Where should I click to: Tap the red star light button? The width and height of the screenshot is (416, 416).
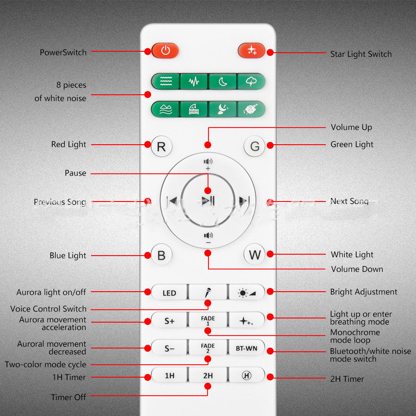[x=251, y=50]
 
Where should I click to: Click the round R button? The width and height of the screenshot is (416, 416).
[x=161, y=146]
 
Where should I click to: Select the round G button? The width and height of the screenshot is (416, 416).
[x=254, y=146]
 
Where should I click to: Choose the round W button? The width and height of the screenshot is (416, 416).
[x=254, y=254]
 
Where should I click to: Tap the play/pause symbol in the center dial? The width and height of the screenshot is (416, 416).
[x=208, y=201]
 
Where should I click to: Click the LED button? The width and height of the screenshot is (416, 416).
[x=169, y=293]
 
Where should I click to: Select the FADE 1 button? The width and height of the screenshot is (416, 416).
[x=208, y=320]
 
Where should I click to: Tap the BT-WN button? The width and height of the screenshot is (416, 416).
[x=246, y=348]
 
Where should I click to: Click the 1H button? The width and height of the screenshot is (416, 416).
[x=169, y=375]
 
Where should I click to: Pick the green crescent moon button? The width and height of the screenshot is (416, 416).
[x=223, y=81]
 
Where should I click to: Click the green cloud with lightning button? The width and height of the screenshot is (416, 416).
[x=251, y=81]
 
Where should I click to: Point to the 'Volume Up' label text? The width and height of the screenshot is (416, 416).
[x=351, y=128]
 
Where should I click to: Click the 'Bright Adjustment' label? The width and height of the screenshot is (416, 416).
[x=363, y=292]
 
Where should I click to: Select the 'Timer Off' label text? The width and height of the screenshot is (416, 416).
[x=68, y=397]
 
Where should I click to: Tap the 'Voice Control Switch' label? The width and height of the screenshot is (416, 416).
[x=48, y=309]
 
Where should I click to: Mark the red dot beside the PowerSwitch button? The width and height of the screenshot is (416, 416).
[x=148, y=51]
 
